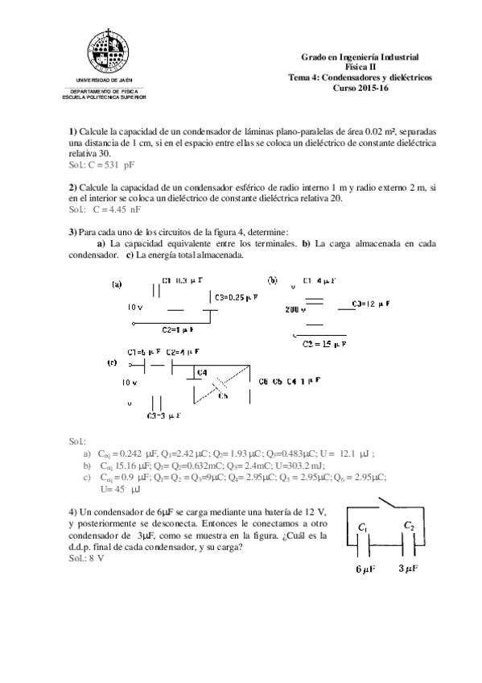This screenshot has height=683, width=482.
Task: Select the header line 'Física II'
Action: (360, 67)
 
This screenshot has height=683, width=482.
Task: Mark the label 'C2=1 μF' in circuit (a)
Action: (179, 329)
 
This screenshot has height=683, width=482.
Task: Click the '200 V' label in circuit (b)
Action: (296, 308)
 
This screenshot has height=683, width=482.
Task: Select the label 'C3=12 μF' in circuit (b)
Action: (372, 304)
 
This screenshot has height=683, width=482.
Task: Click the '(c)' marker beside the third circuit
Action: (112, 363)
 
